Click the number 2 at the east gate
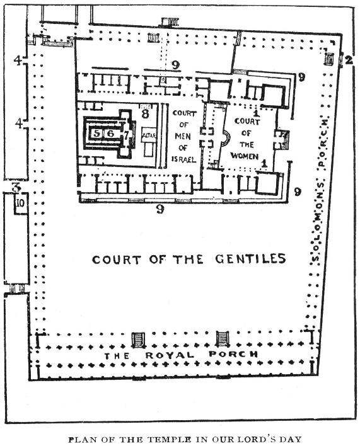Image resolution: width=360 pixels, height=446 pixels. [348, 60]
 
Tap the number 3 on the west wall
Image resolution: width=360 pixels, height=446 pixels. [16, 187]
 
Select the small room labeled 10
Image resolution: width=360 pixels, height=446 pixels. [21, 203]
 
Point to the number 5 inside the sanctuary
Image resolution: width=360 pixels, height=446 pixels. [97, 133]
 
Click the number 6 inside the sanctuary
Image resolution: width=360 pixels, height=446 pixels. [111, 133]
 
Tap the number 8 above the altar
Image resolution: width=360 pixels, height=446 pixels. [145, 114]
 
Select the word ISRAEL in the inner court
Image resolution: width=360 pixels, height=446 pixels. [184, 159]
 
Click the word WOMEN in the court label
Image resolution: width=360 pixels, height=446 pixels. [245, 156]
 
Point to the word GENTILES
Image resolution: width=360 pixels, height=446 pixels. [250, 259]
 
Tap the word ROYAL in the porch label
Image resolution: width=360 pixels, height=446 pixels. [170, 355]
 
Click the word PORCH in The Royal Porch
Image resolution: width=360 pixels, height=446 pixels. [233, 354]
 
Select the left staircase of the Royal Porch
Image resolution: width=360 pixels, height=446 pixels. [138, 340]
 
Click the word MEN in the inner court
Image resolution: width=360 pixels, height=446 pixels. [183, 136]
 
